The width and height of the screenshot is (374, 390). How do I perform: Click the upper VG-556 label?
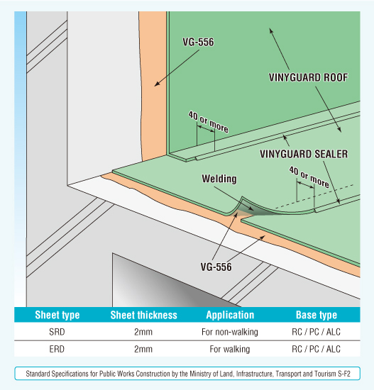tap(198, 42)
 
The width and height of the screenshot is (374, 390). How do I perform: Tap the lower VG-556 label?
tap(216, 267)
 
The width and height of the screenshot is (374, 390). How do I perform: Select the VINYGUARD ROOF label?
tap(308, 77)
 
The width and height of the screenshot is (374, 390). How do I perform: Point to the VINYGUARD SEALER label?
tap(304, 154)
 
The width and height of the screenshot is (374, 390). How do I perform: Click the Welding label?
tap(219, 179)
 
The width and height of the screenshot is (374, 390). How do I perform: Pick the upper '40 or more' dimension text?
tap(208, 122)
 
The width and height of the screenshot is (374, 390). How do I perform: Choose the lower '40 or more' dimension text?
tap(309, 177)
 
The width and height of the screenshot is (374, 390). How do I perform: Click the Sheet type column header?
tap(57, 315)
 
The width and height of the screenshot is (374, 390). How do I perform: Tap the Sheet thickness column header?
tap(143, 315)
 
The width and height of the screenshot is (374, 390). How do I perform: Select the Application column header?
tap(230, 315)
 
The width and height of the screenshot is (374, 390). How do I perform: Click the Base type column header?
tap(317, 315)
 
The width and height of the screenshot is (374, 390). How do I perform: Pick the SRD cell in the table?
tap(57, 332)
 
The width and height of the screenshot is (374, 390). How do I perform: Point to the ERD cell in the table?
tap(57, 349)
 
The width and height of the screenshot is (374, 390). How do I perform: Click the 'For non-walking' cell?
tap(230, 332)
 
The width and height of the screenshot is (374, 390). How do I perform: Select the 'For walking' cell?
tap(230, 349)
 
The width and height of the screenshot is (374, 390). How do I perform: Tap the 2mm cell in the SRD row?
tap(143, 332)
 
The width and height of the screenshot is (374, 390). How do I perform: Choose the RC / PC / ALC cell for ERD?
tap(316, 349)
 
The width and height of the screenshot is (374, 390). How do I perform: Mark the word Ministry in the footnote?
tap(199, 374)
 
